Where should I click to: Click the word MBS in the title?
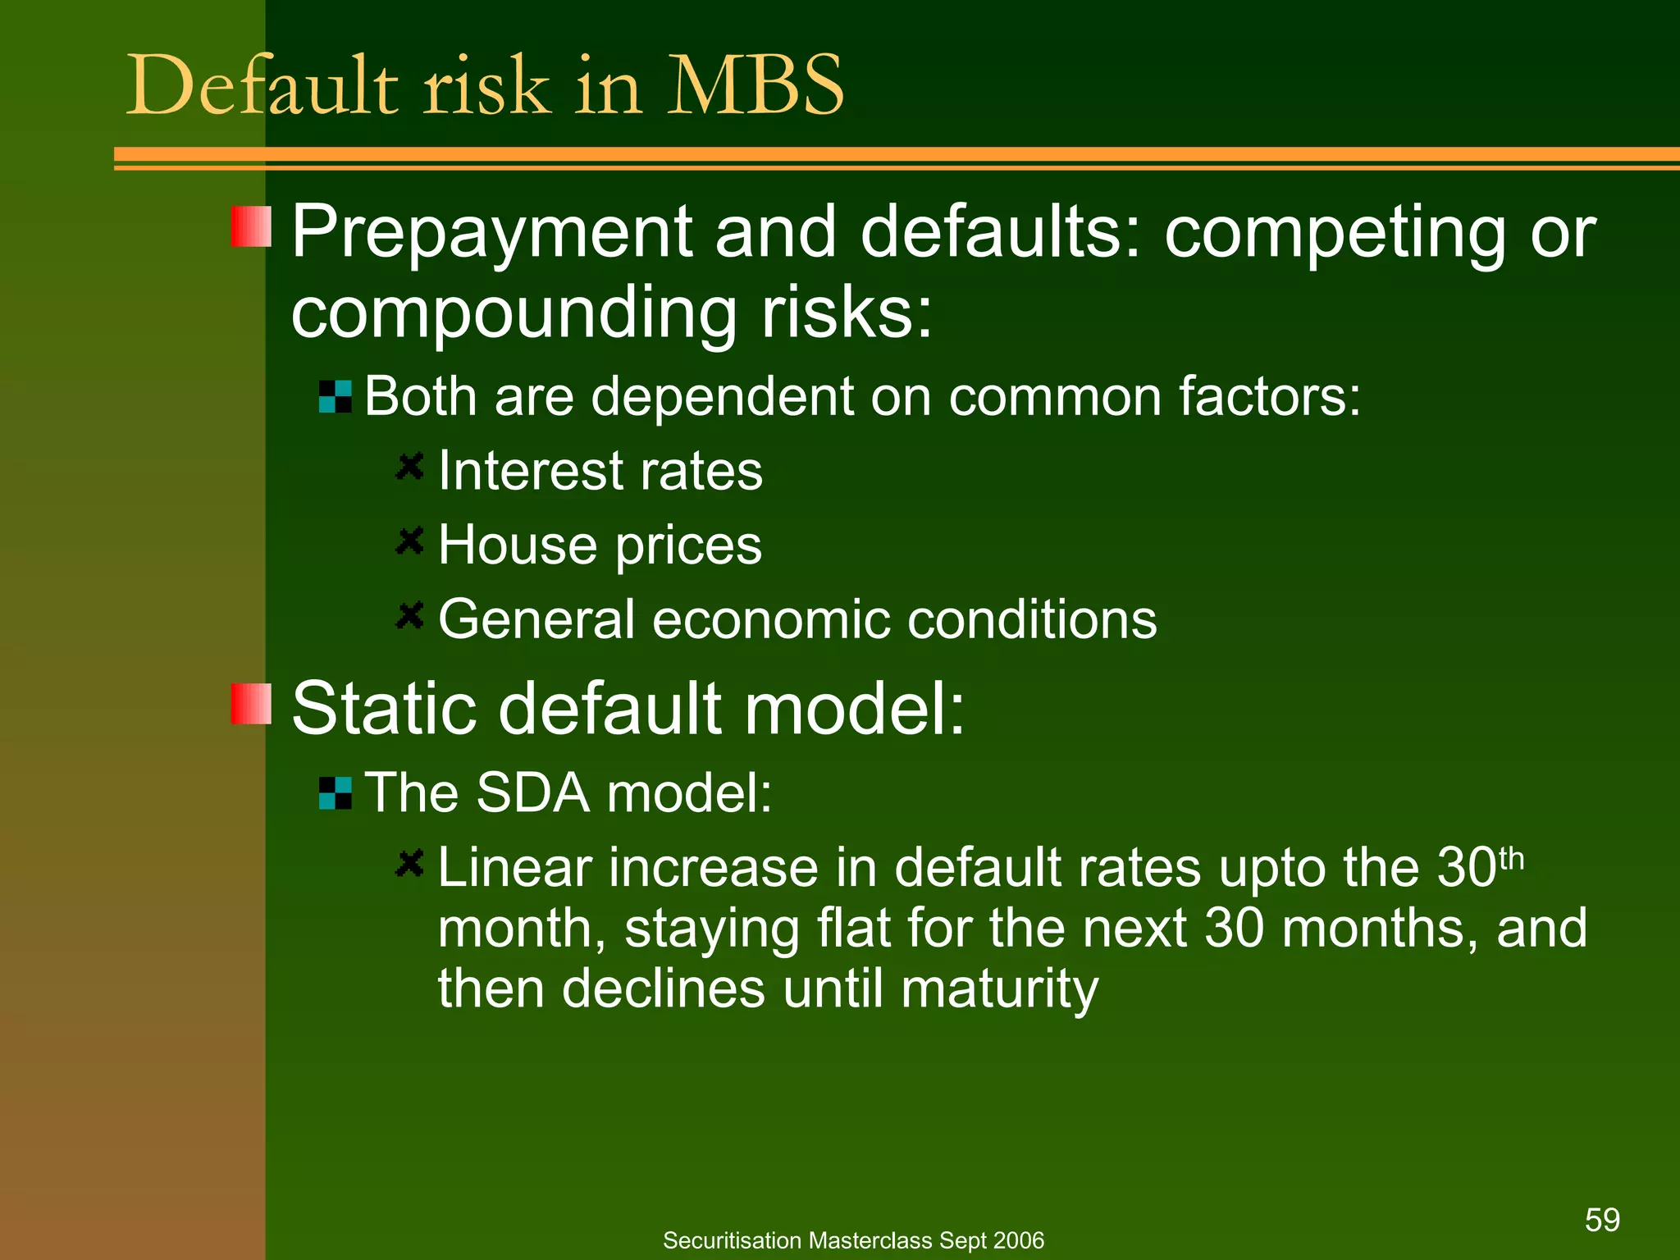click(755, 85)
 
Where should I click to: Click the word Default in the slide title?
click(262, 85)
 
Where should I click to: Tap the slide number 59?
click(1601, 1220)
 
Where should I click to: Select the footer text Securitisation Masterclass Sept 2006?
click(853, 1240)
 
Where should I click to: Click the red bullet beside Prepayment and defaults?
click(250, 227)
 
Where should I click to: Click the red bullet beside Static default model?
click(250, 704)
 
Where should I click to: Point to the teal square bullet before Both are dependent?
click(335, 397)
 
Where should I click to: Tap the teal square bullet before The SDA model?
click(335, 793)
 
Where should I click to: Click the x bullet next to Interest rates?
click(409, 467)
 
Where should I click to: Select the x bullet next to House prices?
click(409, 541)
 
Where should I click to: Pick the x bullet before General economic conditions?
click(409, 614)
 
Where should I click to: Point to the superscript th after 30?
click(1511, 860)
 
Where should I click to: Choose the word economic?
click(770, 619)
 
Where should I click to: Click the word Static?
click(384, 708)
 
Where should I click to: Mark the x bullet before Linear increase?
click(409, 863)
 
